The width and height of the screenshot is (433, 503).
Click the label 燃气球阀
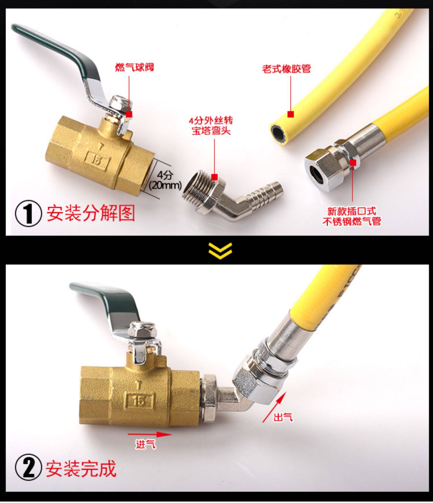pos(135,67)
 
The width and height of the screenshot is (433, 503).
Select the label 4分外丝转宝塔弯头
pos(211,126)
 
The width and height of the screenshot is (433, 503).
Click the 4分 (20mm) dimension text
pos(165,180)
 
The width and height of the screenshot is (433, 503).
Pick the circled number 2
pos(28,469)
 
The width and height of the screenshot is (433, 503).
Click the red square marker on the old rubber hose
pos(291,114)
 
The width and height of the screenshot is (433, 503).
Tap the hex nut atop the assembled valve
pos(139,331)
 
